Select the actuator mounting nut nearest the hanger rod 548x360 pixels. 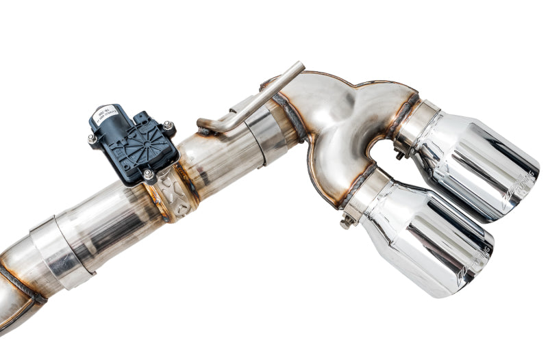[167, 126]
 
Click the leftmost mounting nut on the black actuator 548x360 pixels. [92, 139]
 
